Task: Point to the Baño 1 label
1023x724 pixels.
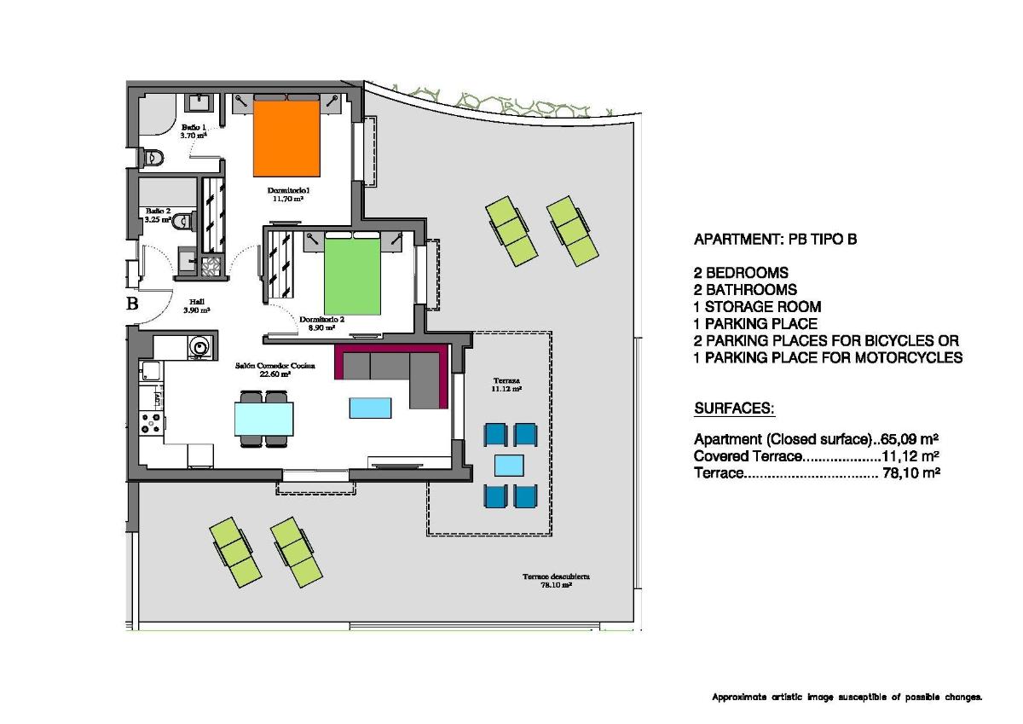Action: click(x=193, y=130)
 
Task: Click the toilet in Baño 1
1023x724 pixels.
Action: click(x=153, y=157)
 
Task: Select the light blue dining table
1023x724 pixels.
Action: click(x=263, y=419)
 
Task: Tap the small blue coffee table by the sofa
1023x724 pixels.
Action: click(x=370, y=408)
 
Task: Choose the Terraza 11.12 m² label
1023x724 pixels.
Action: click(x=506, y=384)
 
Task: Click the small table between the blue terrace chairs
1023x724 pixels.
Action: click(x=510, y=465)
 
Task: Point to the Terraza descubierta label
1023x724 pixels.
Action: click(x=556, y=581)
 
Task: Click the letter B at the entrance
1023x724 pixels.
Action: click(x=132, y=304)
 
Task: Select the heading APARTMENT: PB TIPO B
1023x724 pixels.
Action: click(x=775, y=240)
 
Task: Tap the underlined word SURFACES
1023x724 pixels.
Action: click(x=734, y=409)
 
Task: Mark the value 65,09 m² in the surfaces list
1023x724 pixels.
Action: click(x=906, y=440)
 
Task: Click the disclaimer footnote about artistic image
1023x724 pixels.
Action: click(x=847, y=698)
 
